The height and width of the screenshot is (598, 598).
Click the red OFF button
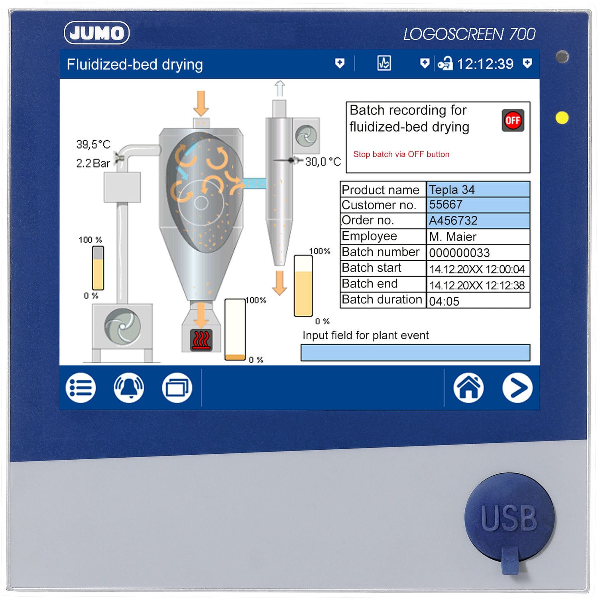point(513,120)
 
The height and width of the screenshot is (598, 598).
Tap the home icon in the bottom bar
point(468,388)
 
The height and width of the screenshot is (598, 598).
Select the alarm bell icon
point(129,388)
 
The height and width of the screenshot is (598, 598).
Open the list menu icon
point(81,388)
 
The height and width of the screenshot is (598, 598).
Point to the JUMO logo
point(97,33)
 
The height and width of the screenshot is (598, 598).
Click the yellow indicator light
point(562,118)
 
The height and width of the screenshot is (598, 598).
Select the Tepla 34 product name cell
point(478,189)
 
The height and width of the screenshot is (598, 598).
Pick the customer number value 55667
point(478,205)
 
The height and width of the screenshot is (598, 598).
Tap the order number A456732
point(478,220)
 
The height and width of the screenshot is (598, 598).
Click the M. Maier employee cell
point(478,237)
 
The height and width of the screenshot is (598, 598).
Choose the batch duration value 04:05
point(478,301)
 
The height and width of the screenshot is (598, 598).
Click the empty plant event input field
point(415,353)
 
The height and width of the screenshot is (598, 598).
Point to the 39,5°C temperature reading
point(93,144)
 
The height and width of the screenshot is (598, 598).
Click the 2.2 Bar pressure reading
point(93,163)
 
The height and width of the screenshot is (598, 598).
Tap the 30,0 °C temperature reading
point(323,161)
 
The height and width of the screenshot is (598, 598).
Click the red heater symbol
point(201,340)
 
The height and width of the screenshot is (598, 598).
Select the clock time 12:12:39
point(485,64)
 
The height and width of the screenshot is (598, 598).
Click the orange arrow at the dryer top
point(201,103)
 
